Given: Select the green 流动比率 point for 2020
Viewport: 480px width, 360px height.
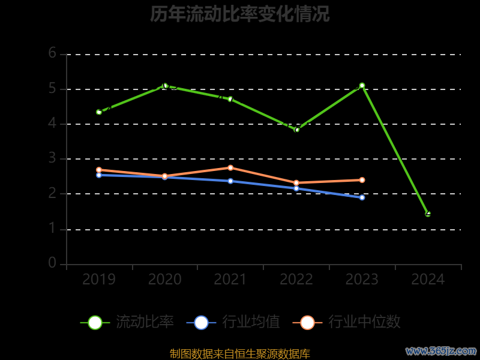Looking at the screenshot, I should point(165,86).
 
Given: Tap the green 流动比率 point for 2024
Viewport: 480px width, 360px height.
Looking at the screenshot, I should point(428,214).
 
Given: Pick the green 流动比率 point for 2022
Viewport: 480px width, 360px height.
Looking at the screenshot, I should point(296,130).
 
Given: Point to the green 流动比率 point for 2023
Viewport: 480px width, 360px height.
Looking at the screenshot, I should point(362,85).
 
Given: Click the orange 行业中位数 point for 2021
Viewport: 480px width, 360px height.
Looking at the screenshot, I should point(230,167).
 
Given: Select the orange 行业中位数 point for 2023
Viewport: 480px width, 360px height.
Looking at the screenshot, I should point(362,180).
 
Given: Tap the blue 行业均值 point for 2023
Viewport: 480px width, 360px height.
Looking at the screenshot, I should point(362,197).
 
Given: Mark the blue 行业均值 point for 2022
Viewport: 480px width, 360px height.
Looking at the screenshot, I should point(296,188).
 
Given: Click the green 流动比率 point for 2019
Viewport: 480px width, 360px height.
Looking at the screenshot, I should point(99,112).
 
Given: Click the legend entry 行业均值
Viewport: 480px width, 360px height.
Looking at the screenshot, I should point(233,322).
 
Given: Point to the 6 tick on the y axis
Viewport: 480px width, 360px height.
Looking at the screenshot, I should point(53,53).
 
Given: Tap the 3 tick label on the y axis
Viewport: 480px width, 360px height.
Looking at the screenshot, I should point(53,158).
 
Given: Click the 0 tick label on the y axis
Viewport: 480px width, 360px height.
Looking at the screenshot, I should point(53,263).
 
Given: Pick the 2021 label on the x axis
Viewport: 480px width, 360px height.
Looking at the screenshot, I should point(230,280).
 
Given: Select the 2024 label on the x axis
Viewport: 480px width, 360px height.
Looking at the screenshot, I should point(428,280).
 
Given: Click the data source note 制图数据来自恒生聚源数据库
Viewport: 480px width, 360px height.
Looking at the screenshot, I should point(239,354).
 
